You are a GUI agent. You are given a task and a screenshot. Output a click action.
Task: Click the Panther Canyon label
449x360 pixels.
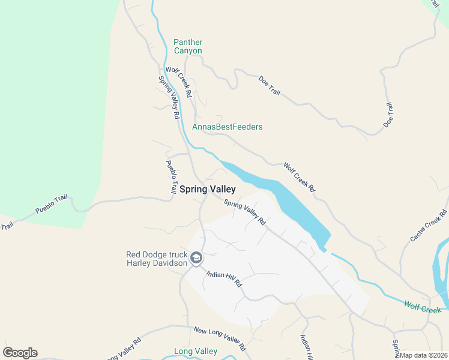(x=188, y=46)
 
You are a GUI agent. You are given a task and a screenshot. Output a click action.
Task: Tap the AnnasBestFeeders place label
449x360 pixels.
(x=227, y=127)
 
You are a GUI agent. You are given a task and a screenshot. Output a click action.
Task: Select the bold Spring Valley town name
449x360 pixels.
(x=208, y=189)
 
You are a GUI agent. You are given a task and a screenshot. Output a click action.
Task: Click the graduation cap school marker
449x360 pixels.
(x=196, y=258)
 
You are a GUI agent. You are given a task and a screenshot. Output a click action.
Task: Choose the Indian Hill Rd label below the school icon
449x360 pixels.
(x=223, y=278)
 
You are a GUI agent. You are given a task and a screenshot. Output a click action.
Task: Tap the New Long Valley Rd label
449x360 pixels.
(x=220, y=339)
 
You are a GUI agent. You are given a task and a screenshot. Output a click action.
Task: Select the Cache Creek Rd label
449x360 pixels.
(x=429, y=226)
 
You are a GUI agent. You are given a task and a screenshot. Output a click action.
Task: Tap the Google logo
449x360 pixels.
(x=20, y=353)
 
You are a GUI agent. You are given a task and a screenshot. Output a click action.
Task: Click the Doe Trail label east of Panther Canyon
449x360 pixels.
(x=270, y=85)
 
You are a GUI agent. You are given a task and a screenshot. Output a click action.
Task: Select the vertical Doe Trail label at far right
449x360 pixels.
(x=388, y=115)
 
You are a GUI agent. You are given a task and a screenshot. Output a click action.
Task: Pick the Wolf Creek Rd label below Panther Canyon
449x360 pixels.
(x=178, y=82)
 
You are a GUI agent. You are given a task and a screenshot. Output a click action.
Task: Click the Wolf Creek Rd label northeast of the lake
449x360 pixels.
(x=299, y=177)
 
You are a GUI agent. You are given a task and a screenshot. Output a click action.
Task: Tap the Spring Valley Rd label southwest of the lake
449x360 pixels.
(x=245, y=212)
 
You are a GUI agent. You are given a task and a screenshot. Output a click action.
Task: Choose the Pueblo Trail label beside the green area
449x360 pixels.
(x=51, y=205)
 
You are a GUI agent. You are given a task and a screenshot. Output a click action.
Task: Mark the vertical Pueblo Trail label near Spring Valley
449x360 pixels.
(x=172, y=175)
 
